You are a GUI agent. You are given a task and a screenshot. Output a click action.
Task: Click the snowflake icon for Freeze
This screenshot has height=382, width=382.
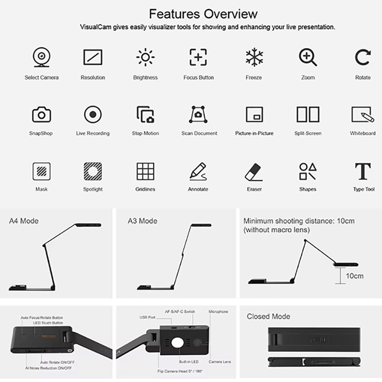(x=254, y=57)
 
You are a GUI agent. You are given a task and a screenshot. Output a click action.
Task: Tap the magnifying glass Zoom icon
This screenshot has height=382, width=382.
(x=308, y=57)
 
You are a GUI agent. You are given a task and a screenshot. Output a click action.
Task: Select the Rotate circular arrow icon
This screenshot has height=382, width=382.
(x=363, y=57)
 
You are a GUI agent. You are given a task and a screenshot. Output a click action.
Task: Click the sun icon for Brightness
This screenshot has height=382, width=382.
(x=146, y=57)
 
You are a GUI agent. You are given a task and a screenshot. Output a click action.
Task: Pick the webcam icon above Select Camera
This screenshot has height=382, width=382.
(x=42, y=57)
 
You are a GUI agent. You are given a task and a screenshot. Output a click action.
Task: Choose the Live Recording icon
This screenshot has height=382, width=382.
(x=93, y=114)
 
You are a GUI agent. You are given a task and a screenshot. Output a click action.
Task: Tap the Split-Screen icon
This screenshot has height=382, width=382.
(x=308, y=114)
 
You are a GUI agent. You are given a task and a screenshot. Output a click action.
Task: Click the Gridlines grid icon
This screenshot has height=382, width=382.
(x=146, y=171)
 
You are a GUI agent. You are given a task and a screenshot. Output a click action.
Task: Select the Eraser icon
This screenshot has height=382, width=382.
(x=254, y=172)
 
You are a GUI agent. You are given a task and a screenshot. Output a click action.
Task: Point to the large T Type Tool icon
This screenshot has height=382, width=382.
(x=363, y=171)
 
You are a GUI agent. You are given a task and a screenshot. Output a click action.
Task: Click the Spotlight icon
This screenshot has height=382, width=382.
(x=93, y=171)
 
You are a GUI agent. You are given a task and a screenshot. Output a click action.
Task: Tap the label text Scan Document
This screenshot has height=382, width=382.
(x=199, y=133)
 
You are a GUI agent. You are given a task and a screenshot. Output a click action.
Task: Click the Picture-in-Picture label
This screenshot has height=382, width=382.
(x=255, y=133)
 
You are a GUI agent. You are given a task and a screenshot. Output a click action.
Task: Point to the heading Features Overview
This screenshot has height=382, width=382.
(x=203, y=14)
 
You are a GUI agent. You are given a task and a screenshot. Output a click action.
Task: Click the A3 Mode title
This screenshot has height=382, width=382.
(x=142, y=221)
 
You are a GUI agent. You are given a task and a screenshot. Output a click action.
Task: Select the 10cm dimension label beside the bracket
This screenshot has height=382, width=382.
(x=355, y=276)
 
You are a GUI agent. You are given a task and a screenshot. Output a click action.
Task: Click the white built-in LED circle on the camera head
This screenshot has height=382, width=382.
(x=177, y=343)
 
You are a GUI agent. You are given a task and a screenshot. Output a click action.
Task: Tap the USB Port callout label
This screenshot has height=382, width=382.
(x=148, y=317)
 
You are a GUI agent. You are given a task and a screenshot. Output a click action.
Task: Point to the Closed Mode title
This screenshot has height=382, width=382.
(x=268, y=316)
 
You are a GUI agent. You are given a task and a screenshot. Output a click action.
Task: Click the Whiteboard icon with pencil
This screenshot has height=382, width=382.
(x=363, y=114)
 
